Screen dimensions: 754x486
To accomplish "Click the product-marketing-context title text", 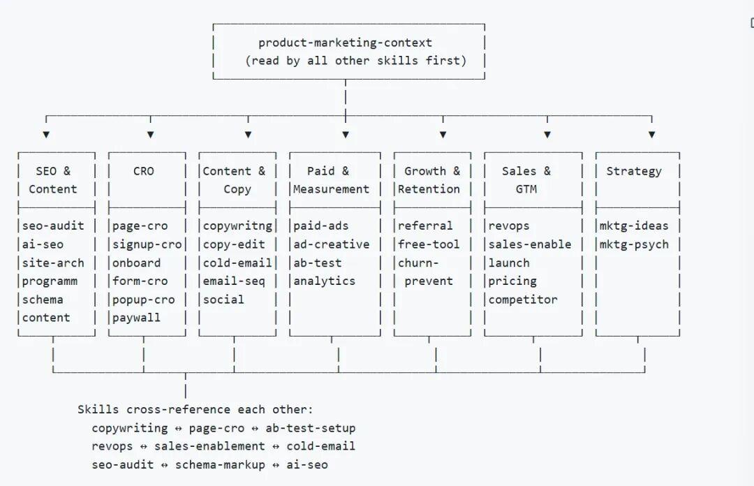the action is pyautogui.click(x=346, y=43).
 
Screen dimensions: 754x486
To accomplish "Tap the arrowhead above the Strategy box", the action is pyautogui.click(x=651, y=135).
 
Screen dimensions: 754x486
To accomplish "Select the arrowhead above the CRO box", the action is pyautogui.click(x=151, y=135).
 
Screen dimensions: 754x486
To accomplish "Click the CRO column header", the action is pyautogui.click(x=143, y=171).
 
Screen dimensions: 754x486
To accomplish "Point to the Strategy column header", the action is pyautogui.click(x=634, y=172).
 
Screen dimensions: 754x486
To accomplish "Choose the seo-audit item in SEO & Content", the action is pyautogui.click(x=53, y=226).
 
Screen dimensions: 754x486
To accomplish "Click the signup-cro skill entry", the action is pyautogui.click(x=147, y=245).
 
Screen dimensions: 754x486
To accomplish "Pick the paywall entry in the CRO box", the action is pyautogui.click(x=137, y=318).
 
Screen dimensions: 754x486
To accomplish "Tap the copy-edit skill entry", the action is pyautogui.click(x=234, y=245).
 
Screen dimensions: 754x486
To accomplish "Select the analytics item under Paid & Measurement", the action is pyautogui.click(x=324, y=281).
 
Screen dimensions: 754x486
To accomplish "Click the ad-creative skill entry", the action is pyautogui.click(x=332, y=244).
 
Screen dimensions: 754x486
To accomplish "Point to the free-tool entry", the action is pyautogui.click(x=429, y=244).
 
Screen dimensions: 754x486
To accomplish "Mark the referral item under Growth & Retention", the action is pyautogui.click(x=425, y=226).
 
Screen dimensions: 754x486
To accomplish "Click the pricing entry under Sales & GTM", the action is pyautogui.click(x=512, y=281).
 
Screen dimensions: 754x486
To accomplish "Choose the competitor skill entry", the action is pyautogui.click(x=523, y=300).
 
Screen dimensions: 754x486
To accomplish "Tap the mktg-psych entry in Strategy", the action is pyautogui.click(x=634, y=245).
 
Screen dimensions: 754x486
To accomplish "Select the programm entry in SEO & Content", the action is pyautogui.click(x=50, y=281).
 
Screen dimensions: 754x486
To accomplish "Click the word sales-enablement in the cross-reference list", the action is pyautogui.click(x=209, y=446).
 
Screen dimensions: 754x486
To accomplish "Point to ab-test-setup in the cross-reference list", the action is pyautogui.click(x=311, y=428).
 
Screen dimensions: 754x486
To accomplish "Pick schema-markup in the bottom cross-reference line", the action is pyautogui.click(x=220, y=465).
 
